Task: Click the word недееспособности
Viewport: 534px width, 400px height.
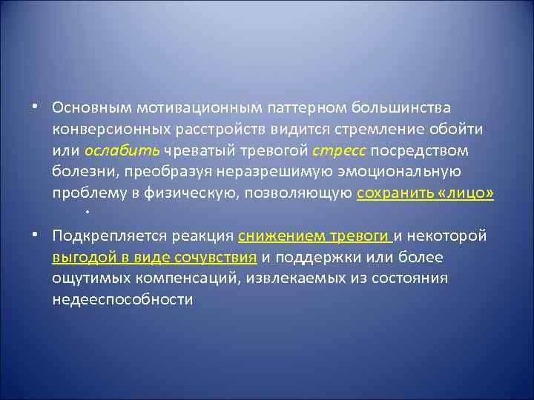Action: point(122,300)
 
